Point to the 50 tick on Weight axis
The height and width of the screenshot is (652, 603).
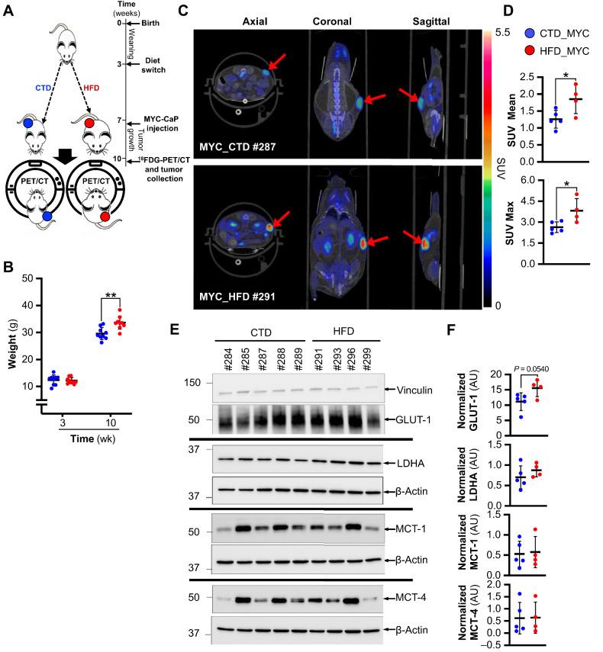pos(27,278)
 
